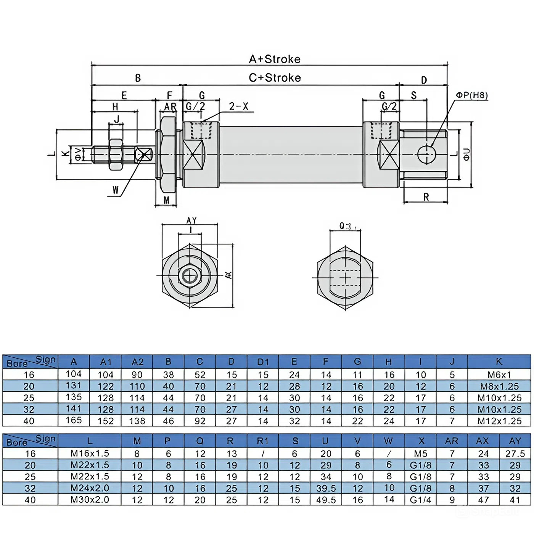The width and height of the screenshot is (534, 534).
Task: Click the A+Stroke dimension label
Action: click(275, 59)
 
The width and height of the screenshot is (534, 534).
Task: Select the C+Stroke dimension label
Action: click(275, 78)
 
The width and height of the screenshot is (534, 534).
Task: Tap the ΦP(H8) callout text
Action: click(472, 95)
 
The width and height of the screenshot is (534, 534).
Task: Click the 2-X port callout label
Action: click(238, 106)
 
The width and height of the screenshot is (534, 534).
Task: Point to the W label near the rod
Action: click(116, 190)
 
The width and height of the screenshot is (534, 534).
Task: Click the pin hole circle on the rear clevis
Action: click(426, 154)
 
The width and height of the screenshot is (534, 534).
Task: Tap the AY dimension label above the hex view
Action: click(191, 220)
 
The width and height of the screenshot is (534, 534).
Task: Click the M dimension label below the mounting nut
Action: click(166, 200)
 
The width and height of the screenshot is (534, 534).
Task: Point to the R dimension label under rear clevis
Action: click(426, 197)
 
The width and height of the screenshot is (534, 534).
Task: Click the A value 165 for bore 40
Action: click(74, 420)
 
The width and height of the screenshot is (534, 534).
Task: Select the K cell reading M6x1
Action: click(499, 375)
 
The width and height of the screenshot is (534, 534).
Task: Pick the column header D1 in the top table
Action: click(263, 362)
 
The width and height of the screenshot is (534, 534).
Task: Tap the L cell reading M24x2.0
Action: click(90, 488)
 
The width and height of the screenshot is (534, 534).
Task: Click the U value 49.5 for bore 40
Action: click(326, 500)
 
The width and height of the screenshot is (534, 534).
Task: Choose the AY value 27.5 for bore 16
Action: click(515, 454)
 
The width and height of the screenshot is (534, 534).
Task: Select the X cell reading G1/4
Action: click(420, 500)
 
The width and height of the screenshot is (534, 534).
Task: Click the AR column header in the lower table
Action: click(452, 441)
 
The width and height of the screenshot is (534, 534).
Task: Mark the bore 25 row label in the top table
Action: click(29, 398)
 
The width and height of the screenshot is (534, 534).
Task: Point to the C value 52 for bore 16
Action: click(200, 375)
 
